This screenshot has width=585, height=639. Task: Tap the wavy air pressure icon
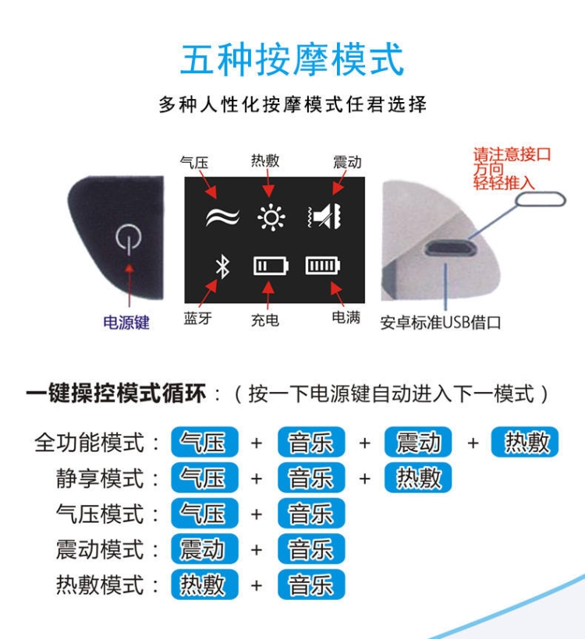pyautogui.click(x=222, y=217)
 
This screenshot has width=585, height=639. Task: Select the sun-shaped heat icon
pyautogui.click(x=271, y=217)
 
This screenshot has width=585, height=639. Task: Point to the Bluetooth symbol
pyautogui.click(x=222, y=267)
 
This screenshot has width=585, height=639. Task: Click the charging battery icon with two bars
pyautogui.click(x=271, y=266)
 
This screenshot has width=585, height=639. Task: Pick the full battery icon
pyautogui.click(x=323, y=266)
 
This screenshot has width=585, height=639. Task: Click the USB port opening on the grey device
pyautogui.click(x=450, y=248)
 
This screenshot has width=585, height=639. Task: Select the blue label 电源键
pyautogui.click(x=126, y=323)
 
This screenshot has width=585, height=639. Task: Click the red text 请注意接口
pyautogui.click(x=512, y=154)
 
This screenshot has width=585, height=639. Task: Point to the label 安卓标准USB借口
pyautogui.click(x=441, y=323)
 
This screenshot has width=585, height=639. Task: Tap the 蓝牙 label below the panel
pyautogui.click(x=198, y=318)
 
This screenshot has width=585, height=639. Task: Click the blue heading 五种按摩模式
pyautogui.click(x=292, y=60)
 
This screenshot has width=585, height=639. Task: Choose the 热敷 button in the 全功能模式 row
pyautogui.click(x=525, y=442)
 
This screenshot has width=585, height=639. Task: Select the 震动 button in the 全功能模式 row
pyautogui.click(x=418, y=442)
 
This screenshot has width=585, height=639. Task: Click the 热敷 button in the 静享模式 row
pyautogui.click(x=418, y=478)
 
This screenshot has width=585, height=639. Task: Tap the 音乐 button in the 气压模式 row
pyautogui.click(x=311, y=513)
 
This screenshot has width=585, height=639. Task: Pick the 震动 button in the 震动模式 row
pyautogui.click(x=204, y=549)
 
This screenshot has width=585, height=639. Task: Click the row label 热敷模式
pyautogui.click(x=100, y=584)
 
